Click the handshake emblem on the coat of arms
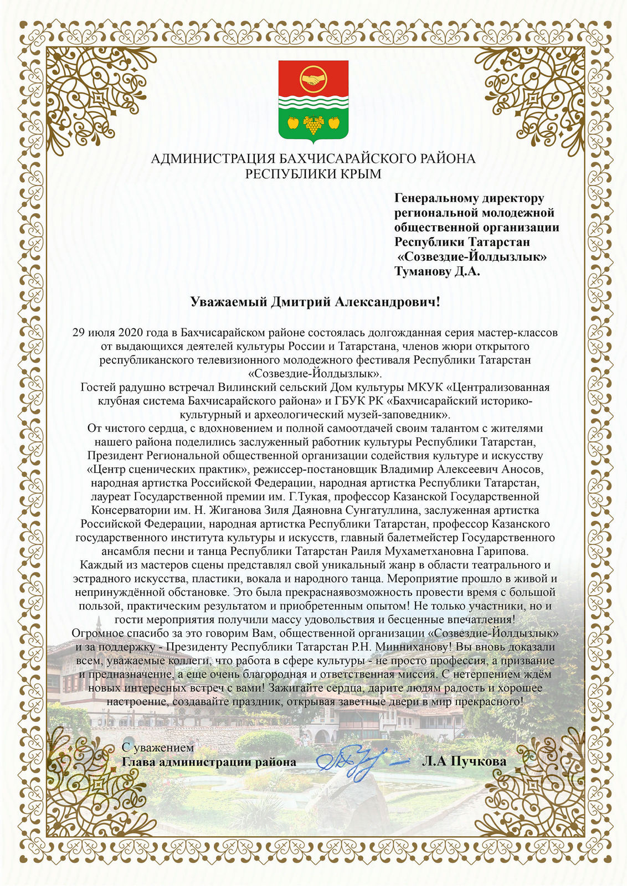point(313,79)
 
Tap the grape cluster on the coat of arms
point(313,125)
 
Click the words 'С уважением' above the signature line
point(158,748)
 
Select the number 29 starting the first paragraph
point(79,333)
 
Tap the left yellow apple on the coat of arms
point(293,122)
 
